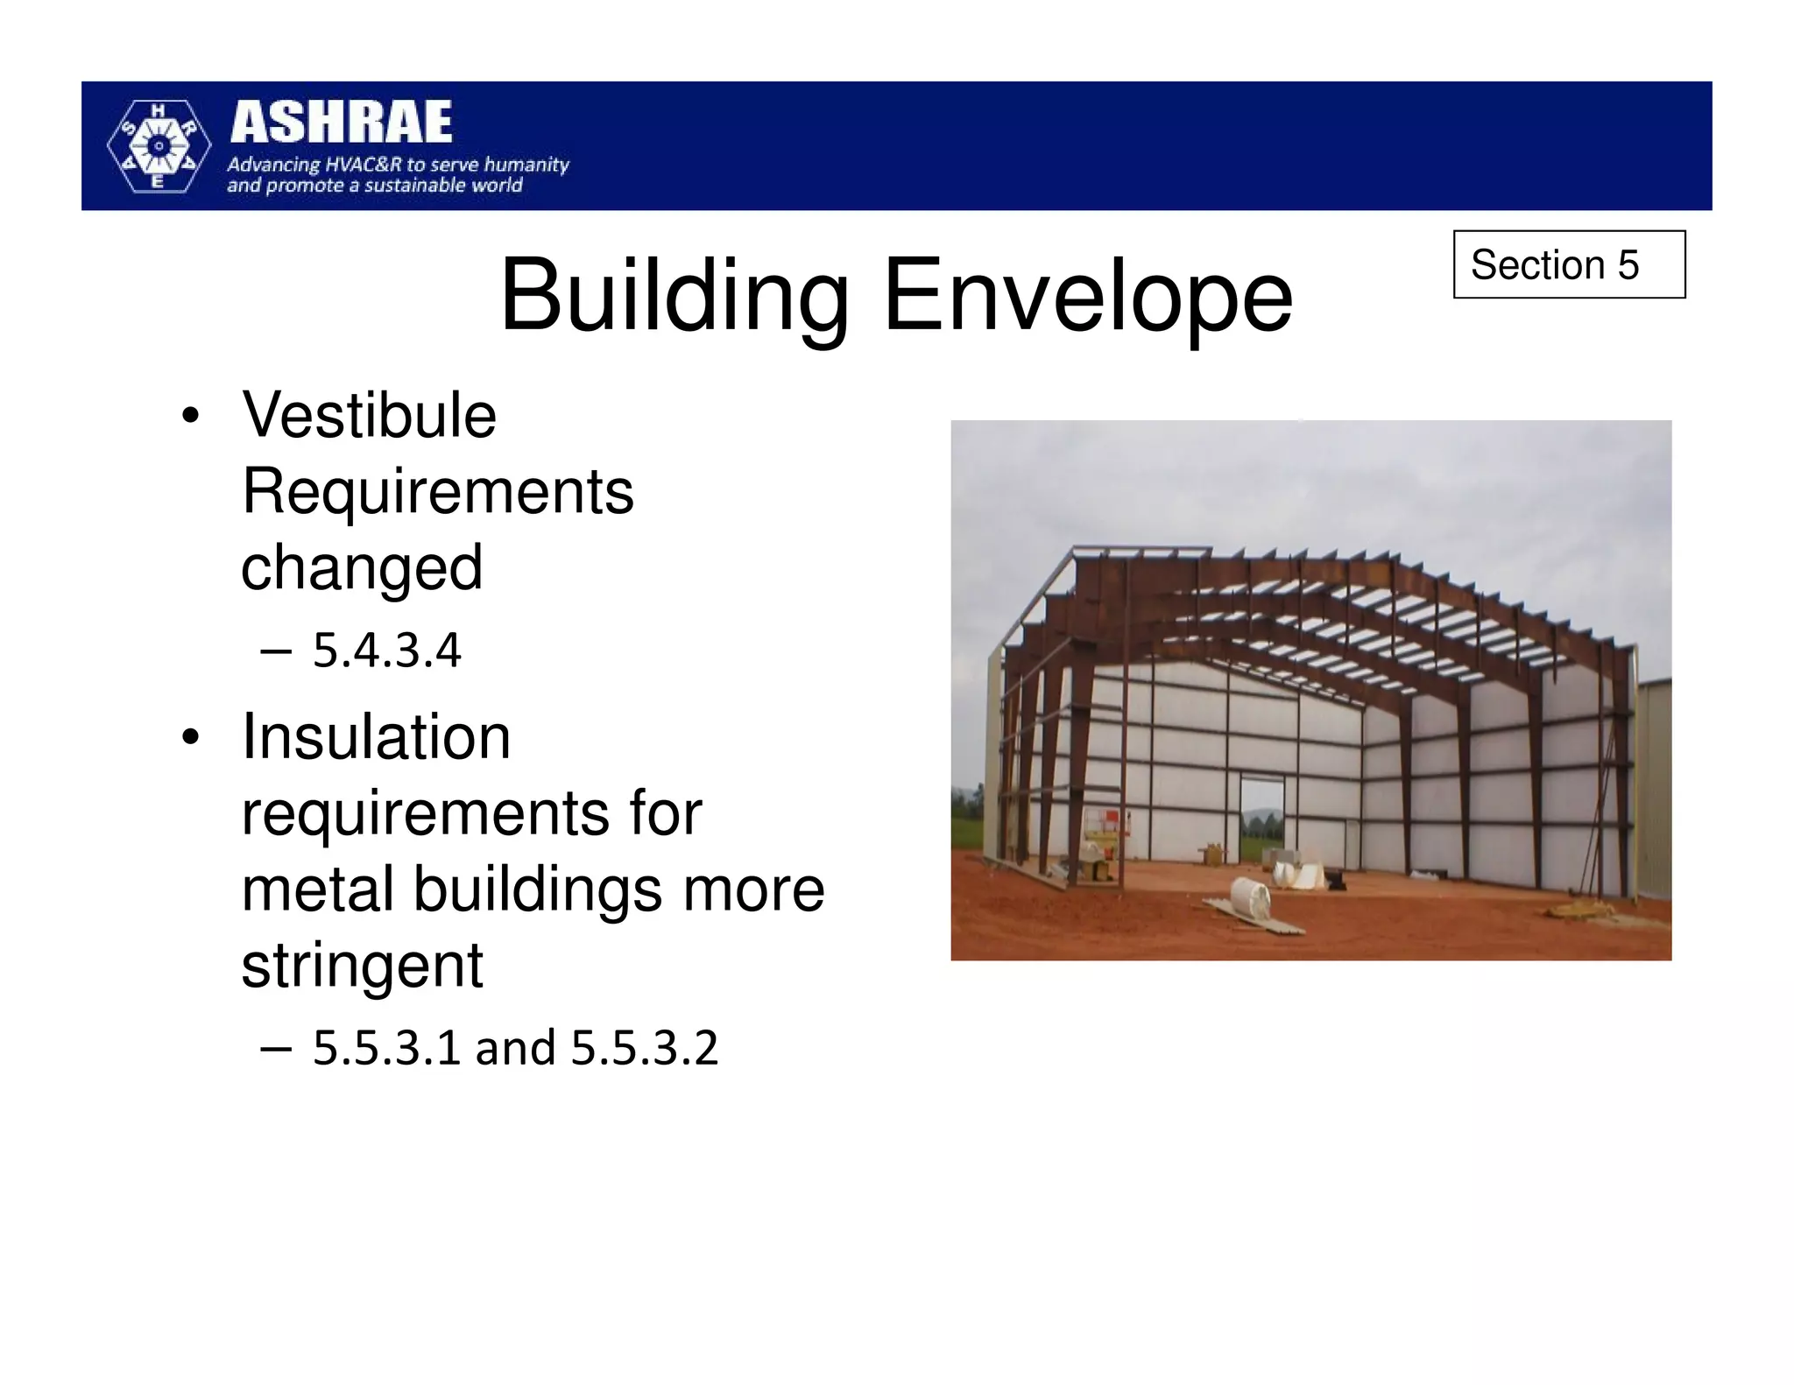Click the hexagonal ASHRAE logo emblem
coord(158,146)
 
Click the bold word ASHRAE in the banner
coord(341,122)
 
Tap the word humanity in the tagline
coord(526,165)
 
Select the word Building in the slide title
coord(674,296)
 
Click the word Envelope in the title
coord(1087,296)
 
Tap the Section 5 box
coord(1568,264)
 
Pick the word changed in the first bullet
coord(362,567)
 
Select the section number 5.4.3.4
coord(386,650)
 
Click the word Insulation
coord(376,736)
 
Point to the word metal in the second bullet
coord(316,889)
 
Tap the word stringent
coord(362,966)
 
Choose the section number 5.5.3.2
coord(644,1047)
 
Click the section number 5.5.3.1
coord(386,1047)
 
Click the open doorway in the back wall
coord(1261,819)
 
